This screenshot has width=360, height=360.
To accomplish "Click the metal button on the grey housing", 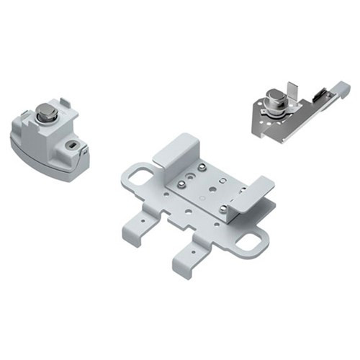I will pyautogui.click(x=45, y=113).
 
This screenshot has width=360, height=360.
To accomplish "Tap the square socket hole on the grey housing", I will pyautogui.click(x=71, y=145).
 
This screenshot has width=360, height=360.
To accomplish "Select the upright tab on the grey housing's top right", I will pyautogui.click(x=64, y=105).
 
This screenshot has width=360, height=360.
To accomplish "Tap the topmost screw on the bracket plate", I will pyautogui.click(x=202, y=167).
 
